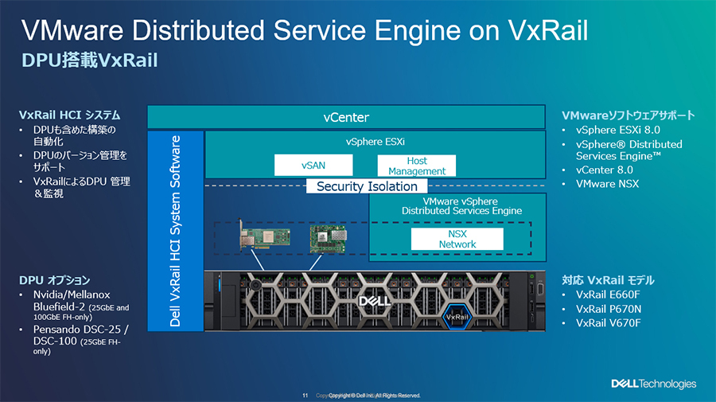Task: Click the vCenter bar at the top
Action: click(x=346, y=117)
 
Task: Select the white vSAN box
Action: click(x=313, y=166)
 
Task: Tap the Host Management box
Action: click(x=417, y=166)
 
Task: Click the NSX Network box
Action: click(x=457, y=239)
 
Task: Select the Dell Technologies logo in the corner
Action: click(x=653, y=384)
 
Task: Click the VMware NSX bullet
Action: click(x=607, y=184)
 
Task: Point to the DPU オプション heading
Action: click(x=54, y=280)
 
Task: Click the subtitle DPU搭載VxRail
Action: click(x=88, y=61)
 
